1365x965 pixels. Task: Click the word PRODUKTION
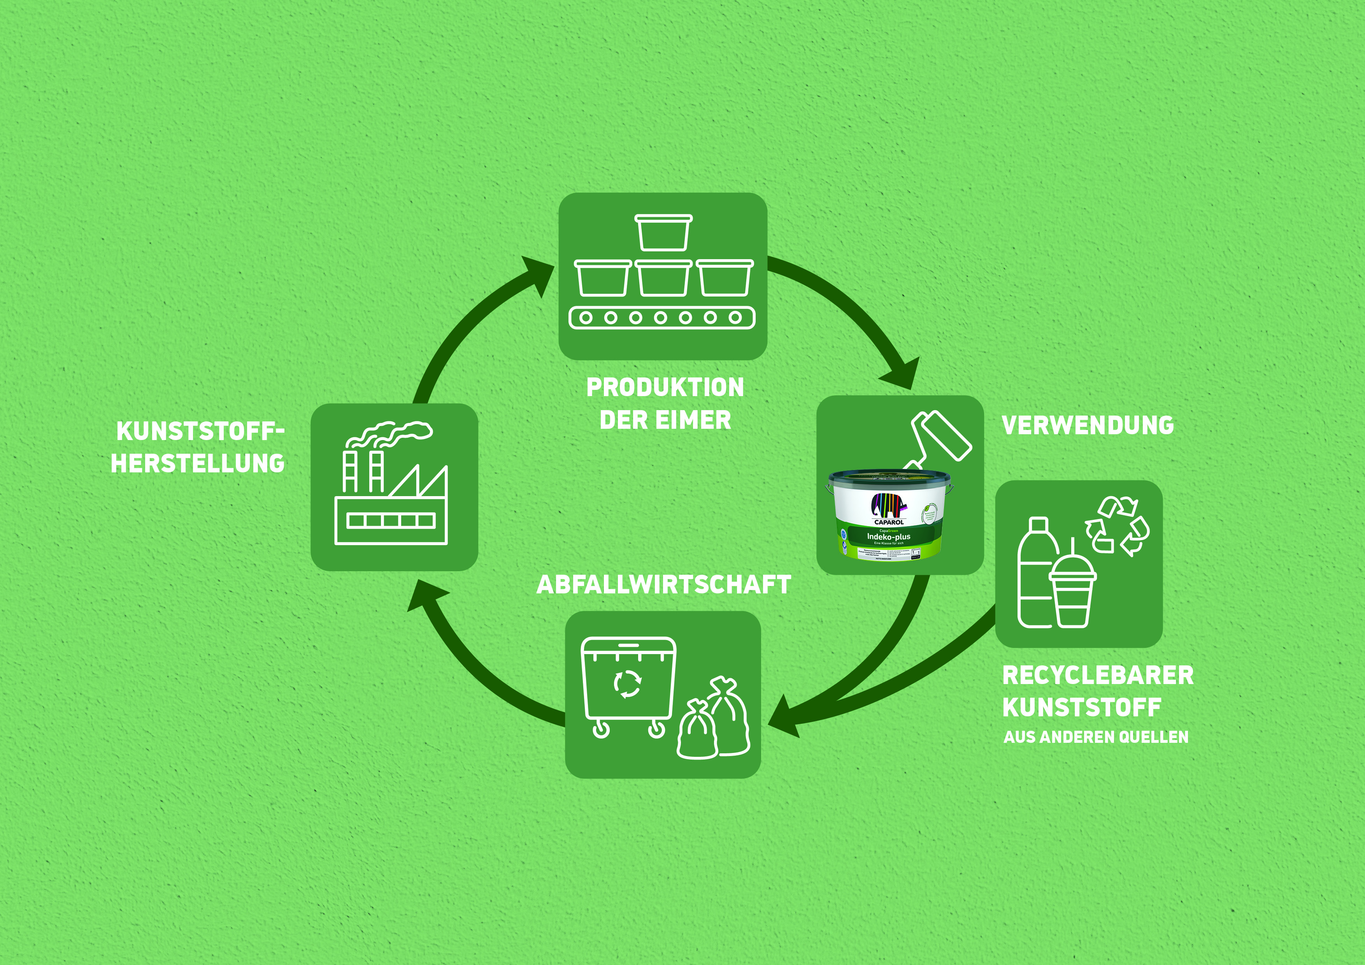pyautogui.click(x=665, y=388)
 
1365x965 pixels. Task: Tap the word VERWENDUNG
pyautogui.click(x=1087, y=426)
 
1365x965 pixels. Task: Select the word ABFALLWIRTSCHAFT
pyautogui.click(x=663, y=585)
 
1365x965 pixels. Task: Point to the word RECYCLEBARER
pyautogui.click(x=1097, y=675)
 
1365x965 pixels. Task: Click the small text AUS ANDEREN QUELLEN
pyautogui.click(x=1096, y=737)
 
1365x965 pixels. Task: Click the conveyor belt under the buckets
pyautogui.click(x=662, y=318)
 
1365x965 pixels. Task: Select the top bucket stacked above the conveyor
pyautogui.click(x=663, y=232)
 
